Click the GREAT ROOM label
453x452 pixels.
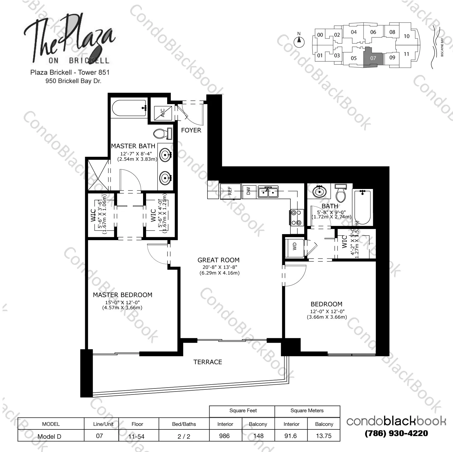click(218, 260)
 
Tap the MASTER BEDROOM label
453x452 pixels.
click(122, 295)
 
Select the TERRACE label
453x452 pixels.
click(208, 362)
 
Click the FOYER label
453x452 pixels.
click(191, 130)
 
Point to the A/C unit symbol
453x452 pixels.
click(163, 113)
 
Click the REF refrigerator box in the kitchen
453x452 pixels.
click(230, 191)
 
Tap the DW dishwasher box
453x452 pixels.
click(249, 191)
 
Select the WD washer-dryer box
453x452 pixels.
click(295, 246)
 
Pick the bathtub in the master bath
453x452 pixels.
click(129, 108)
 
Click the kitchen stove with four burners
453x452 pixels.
click(295, 218)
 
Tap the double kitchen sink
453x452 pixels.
click(268, 192)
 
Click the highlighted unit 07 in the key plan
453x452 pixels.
click(373, 57)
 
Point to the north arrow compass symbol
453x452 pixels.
click(299, 41)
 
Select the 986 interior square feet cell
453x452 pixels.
click(225, 436)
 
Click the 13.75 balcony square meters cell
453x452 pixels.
click(324, 436)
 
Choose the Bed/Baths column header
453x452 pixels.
click(184, 424)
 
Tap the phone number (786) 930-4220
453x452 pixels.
click(396, 433)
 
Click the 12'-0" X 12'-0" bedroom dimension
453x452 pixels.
click(327, 312)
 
